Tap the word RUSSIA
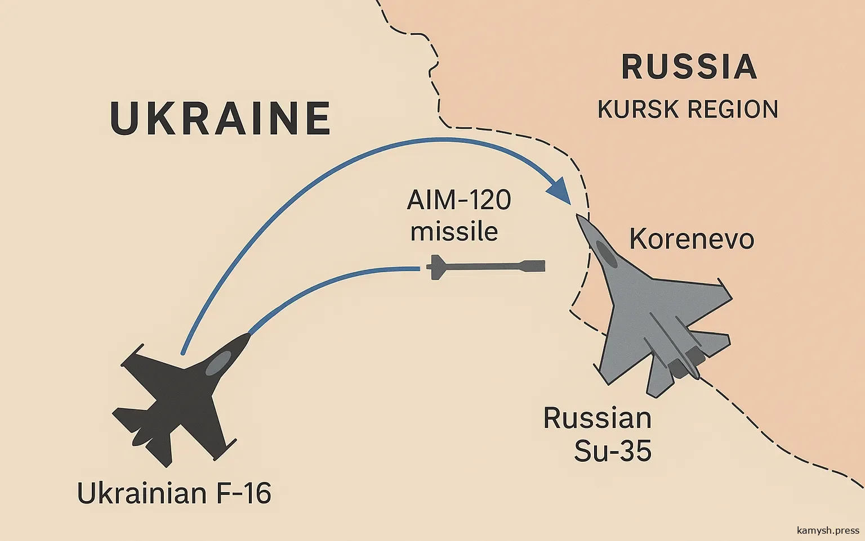689,67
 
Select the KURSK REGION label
688,109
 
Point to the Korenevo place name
692,239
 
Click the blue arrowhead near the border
560,191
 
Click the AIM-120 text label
458,200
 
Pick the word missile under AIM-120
454,232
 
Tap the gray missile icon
484,266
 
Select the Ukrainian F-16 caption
174,494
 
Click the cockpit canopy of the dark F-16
217,363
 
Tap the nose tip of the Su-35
578,217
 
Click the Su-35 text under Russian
613,451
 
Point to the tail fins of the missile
434,267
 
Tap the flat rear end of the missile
543,266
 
